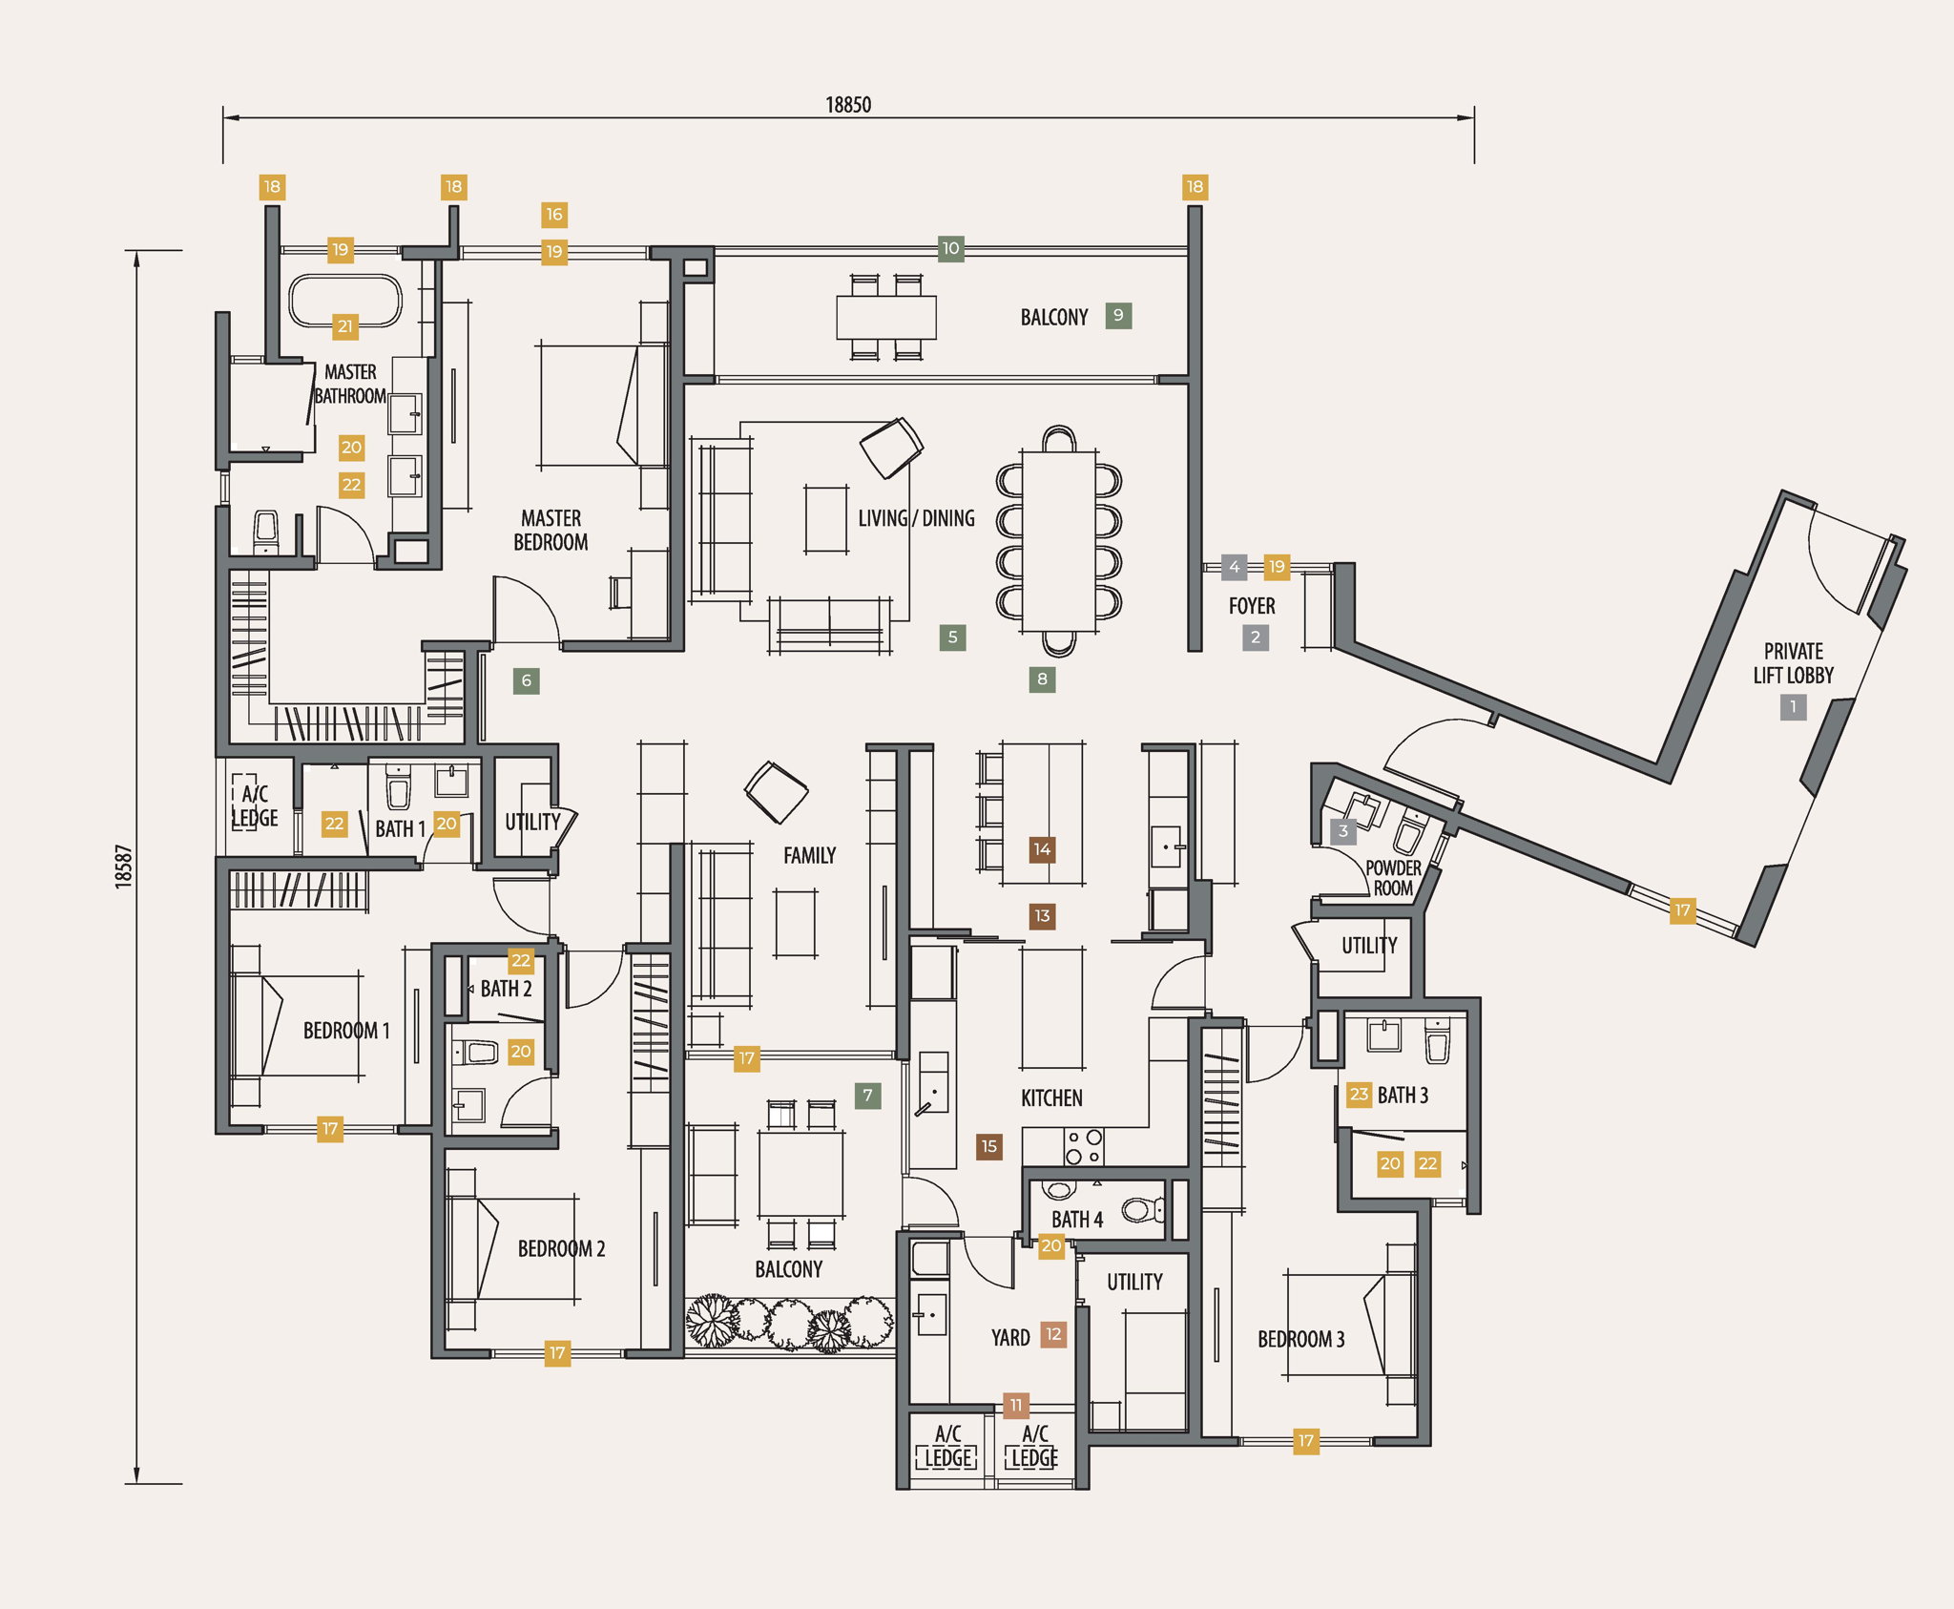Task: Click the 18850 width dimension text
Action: pyautogui.click(x=848, y=105)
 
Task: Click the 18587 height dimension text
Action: pyautogui.click(x=124, y=867)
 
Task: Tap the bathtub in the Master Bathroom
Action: pyautogui.click(x=345, y=302)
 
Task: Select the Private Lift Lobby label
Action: pyautogui.click(x=1793, y=663)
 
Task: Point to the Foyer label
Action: pyautogui.click(x=1252, y=606)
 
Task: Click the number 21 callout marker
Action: pyautogui.click(x=345, y=326)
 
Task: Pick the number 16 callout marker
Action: pyautogui.click(x=554, y=215)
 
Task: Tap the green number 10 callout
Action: pyautogui.click(x=950, y=248)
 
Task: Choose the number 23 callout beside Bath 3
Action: pyautogui.click(x=1359, y=1094)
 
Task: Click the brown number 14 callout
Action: pyautogui.click(x=1042, y=849)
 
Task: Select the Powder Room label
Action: pyautogui.click(x=1393, y=878)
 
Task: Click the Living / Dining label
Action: pyautogui.click(x=916, y=518)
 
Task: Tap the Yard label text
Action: pyautogui.click(x=1010, y=1338)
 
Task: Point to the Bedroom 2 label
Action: pyautogui.click(x=561, y=1248)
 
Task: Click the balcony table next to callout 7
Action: pyautogui.click(x=801, y=1174)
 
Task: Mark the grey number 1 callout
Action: pyautogui.click(x=1793, y=707)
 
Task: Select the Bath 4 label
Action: pyautogui.click(x=1077, y=1220)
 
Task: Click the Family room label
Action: pyautogui.click(x=809, y=856)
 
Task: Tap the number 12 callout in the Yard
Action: pyautogui.click(x=1053, y=1334)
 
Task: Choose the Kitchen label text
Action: pyautogui.click(x=1051, y=1098)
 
